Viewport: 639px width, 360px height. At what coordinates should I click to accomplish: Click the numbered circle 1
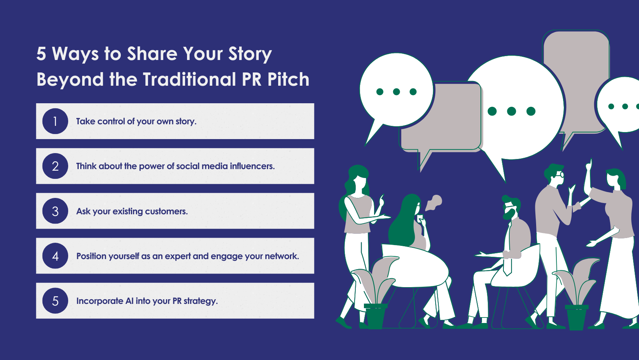55,121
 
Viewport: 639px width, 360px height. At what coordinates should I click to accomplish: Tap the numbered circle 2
55,166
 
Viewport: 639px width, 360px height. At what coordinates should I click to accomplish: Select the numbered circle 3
55,211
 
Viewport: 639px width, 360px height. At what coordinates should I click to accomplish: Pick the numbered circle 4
55,256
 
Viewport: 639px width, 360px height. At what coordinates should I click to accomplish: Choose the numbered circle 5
55,301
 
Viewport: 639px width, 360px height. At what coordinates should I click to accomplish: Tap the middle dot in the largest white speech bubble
512,111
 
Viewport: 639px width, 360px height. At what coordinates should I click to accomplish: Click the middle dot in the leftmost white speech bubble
396,92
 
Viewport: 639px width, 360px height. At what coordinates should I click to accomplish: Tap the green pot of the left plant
375,316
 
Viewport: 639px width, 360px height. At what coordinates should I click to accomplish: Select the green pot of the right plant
577,317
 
